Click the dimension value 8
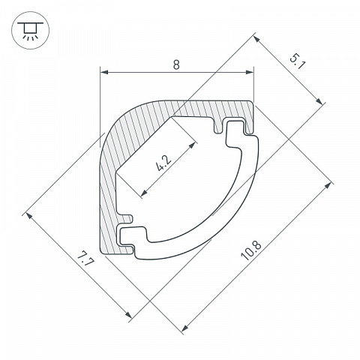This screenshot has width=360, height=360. tap(176, 64)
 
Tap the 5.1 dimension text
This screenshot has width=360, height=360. tap(298, 62)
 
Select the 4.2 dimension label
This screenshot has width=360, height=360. tap(163, 163)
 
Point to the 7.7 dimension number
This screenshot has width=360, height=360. tap(85, 259)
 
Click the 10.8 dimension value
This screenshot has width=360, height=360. tap(251, 250)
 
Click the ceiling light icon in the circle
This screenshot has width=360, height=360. tap(30, 31)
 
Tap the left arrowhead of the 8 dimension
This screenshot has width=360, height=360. tap(104, 73)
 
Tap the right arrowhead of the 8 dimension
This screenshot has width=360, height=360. tap(250, 73)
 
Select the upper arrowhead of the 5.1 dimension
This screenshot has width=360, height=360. tap(256, 40)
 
